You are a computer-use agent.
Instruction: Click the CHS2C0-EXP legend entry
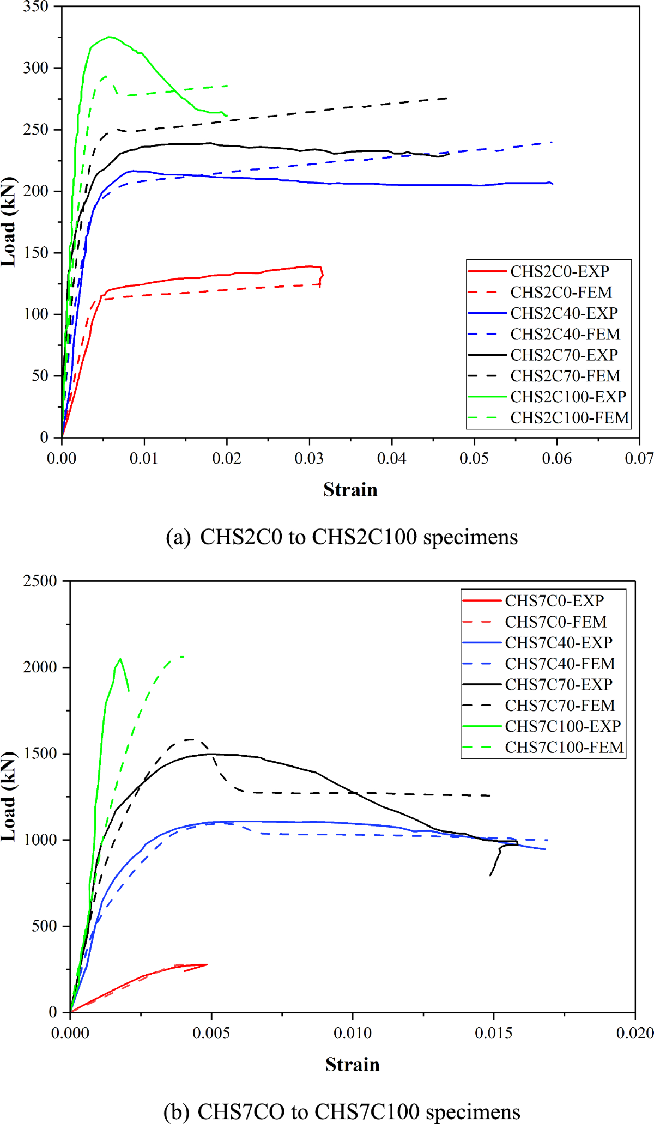coord(560,271)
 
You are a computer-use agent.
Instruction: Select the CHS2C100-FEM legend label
coord(570,418)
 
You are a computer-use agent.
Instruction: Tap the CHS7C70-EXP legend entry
coord(559,684)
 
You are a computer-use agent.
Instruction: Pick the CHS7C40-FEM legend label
coord(560,664)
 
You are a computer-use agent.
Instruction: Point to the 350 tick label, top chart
coord(36,7)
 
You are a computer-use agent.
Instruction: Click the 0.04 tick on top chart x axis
coord(391,458)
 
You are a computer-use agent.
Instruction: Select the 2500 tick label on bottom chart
coord(40,581)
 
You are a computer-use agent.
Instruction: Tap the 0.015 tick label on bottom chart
coord(494,1033)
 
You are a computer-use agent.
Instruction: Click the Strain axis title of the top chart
coord(350,490)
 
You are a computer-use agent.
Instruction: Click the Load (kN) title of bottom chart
coord(9,796)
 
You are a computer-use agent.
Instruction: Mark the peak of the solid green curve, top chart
coord(110,37)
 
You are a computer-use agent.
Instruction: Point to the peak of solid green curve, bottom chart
coord(120,659)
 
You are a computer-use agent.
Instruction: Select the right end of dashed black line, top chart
coord(447,98)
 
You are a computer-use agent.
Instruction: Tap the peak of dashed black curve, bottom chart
coord(190,739)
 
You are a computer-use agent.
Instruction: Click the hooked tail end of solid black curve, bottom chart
coord(491,876)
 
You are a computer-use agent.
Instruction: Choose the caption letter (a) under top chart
coord(178,537)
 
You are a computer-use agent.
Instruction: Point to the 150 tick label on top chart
coord(36,253)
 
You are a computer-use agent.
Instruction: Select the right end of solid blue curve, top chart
coord(553,184)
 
